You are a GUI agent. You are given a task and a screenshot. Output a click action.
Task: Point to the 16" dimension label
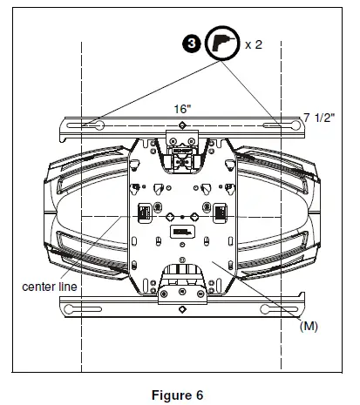[x=180, y=111]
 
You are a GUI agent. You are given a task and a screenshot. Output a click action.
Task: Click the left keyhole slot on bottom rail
[x=86, y=306]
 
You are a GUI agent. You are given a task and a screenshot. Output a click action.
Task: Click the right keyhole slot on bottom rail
[x=277, y=306]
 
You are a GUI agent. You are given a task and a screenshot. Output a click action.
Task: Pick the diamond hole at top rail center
[x=181, y=125]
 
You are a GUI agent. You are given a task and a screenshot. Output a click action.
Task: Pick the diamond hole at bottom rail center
[x=181, y=306]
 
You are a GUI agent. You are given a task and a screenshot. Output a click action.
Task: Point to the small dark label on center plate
[x=181, y=233]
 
